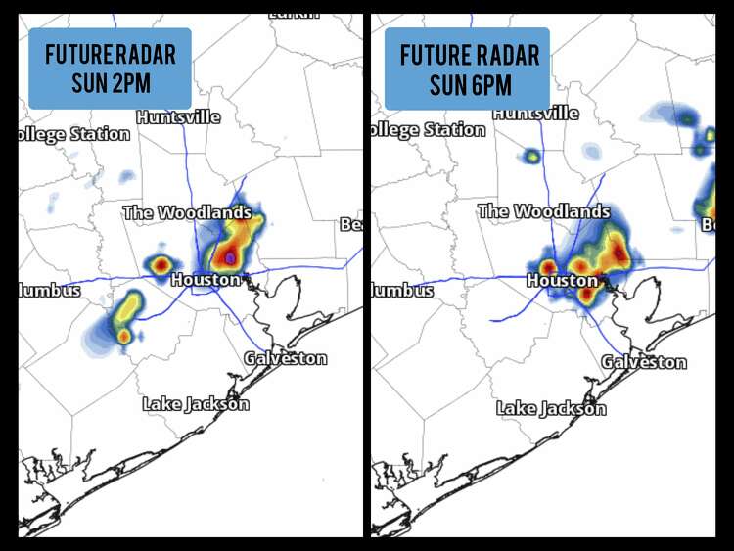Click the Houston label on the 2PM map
pos(206,280)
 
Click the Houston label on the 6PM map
pos(562,281)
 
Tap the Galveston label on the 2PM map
pos(285,358)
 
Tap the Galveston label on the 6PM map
pos(643,362)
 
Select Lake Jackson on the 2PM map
pos(196,403)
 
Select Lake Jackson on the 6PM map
pos(551,408)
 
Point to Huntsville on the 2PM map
pos(178,116)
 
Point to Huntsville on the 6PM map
pos(535,113)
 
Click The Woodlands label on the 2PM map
pos(187,212)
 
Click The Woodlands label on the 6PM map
pos(543,211)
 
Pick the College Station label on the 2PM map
pos(74,134)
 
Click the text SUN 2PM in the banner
pos(110,81)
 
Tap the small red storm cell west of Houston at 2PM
pos(160,264)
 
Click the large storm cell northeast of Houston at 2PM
pos(235,243)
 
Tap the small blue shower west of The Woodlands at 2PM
pos(126,177)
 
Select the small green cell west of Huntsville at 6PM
pos(531,155)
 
